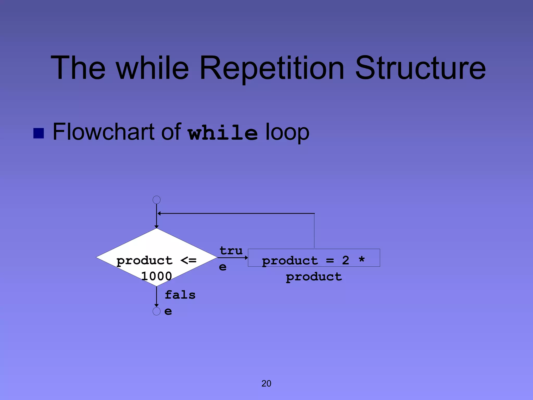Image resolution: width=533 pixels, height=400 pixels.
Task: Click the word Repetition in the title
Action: (272, 68)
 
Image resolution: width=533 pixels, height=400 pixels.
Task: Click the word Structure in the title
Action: (420, 68)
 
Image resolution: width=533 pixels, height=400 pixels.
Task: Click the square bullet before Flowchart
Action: (39, 133)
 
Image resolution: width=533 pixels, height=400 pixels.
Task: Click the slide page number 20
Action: (266, 383)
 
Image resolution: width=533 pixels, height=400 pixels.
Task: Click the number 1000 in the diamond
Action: (156, 276)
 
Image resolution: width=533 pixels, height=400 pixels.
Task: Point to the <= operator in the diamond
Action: (188, 260)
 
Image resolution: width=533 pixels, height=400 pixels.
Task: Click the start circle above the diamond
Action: (156, 200)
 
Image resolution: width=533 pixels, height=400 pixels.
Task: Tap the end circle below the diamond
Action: (156, 311)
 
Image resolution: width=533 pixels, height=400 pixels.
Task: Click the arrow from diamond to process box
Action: (232, 258)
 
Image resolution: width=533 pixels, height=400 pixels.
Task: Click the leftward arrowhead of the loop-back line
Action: (159, 214)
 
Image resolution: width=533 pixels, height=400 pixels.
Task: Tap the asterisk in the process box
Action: (361, 259)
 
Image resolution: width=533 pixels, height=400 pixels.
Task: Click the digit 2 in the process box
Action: (345, 260)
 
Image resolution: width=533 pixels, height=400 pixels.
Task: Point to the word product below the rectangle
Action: (314, 277)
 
